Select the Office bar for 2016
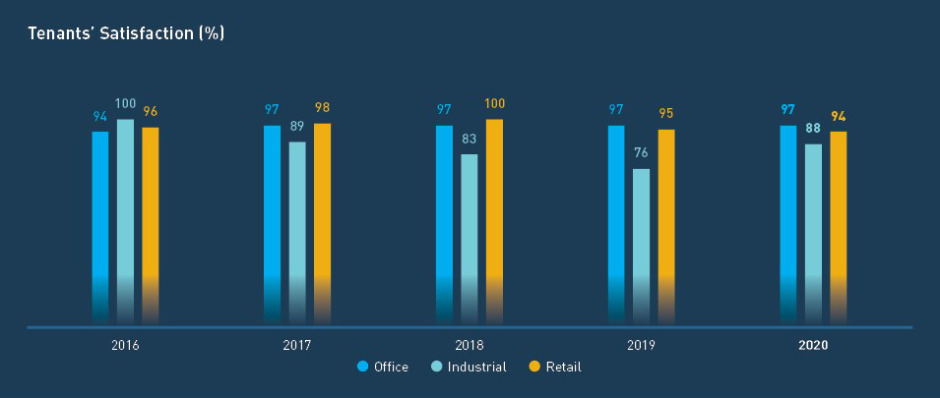click(100, 226)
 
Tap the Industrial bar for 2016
click(125, 221)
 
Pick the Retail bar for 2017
click(322, 223)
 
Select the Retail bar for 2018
click(494, 221)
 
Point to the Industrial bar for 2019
click(641, 246)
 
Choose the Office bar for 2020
click(788, 224)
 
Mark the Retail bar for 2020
click(838, 227)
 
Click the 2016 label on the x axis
click(125, 346)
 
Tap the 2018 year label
click(470, 346)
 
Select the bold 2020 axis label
click(813, 346)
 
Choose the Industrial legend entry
click(470, 367)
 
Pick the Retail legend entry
click(555, 367)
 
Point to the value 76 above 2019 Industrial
click(641, 153)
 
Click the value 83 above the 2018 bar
click(470, 139)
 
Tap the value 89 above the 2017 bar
click(297, 126)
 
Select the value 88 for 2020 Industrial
click(813, 128)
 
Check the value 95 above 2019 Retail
click(666, 113)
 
